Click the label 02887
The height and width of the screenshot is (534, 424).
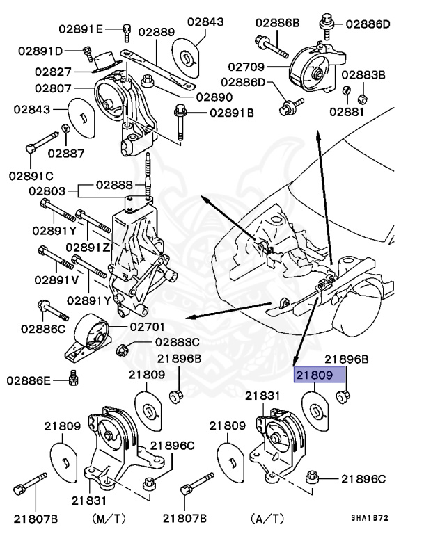(65, 153)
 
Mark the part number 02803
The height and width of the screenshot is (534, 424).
(46, 191)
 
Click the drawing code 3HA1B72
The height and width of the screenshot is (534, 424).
(370, 519)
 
